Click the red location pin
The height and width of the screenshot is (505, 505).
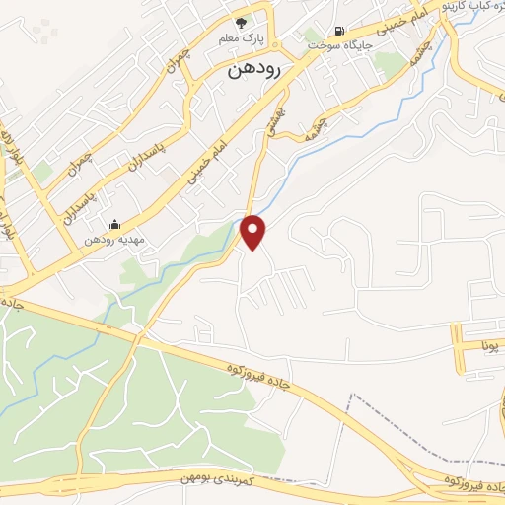pos(254,230)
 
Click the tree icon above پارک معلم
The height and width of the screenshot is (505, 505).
pos(240,23)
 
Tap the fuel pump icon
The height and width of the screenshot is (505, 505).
pos(340,30)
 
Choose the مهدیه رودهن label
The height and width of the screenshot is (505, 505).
pos(115,240)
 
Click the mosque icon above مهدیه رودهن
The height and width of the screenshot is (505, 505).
pos(114,224)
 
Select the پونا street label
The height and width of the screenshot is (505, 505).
pos(490,347)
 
